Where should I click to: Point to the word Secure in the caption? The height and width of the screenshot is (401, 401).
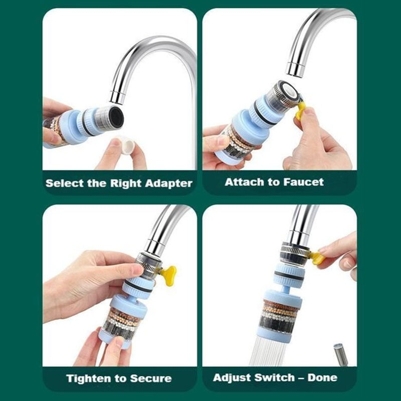pos(151,378)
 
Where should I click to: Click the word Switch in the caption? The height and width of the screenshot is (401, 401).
pos(275,377)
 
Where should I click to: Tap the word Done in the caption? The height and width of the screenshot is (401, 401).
pos(322,377)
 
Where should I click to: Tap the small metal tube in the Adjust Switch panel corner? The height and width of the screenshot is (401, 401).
pos(341,355)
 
